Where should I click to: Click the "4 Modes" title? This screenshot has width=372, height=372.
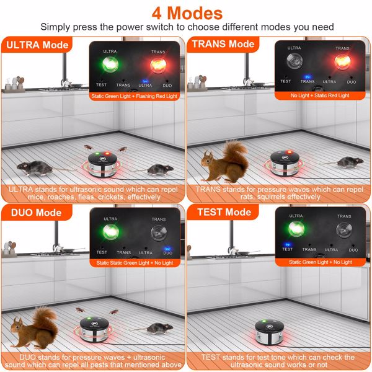[186, 12]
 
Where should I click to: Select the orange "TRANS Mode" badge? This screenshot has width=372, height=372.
[223, 45]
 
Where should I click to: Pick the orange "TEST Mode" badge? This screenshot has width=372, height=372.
[220, 212]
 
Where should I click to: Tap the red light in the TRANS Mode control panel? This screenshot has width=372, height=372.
[342, 62]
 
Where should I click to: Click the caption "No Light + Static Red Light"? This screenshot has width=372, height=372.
[319, 95]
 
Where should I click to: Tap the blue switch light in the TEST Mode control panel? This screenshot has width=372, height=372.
[286, 242]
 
